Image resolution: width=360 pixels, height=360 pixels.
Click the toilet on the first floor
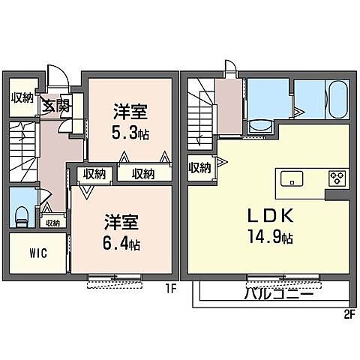coord(22,216)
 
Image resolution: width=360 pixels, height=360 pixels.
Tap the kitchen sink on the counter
coord(292,178)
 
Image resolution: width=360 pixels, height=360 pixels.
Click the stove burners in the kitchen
coord(337,178)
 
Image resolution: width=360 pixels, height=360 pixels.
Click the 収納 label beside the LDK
coord(199,168)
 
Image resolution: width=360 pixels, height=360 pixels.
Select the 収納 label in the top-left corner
coord(22,97)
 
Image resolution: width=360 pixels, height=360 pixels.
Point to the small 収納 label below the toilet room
coord(52,223)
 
